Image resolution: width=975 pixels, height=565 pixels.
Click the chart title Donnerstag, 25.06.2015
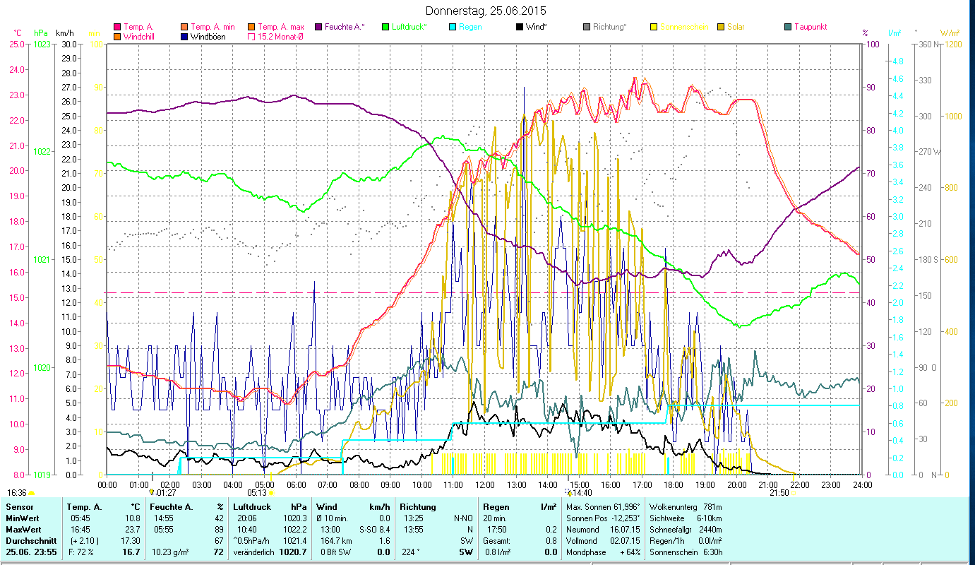tap(486, 11)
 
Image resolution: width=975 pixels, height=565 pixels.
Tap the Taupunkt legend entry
tap(810, 27)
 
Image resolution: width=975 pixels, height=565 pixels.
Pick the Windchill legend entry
tap(141, 36)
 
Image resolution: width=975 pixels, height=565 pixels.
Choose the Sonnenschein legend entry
tap(682, 27)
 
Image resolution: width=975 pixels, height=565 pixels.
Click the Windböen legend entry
tap(208, 36)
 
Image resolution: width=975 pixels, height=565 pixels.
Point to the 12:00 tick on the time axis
tap(484, 484)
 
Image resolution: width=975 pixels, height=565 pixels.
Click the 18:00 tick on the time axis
tap(673, 484)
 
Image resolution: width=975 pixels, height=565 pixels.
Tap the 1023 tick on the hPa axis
tap(42, 44)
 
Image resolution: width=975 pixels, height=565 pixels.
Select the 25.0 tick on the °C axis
tap(17, 44)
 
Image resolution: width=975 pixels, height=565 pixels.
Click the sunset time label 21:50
tap(779, 493)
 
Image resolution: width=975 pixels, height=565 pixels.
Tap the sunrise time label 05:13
tap(257, 493)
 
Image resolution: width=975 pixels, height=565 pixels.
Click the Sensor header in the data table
tap(19, 507)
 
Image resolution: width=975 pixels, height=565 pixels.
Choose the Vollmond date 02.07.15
tap(624, 540)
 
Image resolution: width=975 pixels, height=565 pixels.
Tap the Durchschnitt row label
tap(30, 540)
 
